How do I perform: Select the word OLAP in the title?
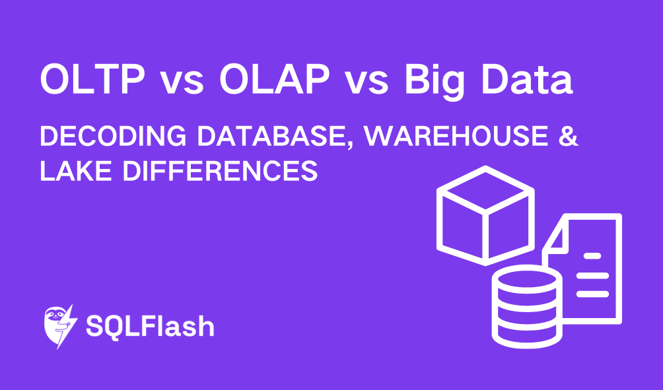tap(274, 81)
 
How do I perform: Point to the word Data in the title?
tap(530, 81)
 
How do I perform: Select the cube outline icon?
tap(485, 214)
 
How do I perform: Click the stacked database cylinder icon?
tap(526, 304)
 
